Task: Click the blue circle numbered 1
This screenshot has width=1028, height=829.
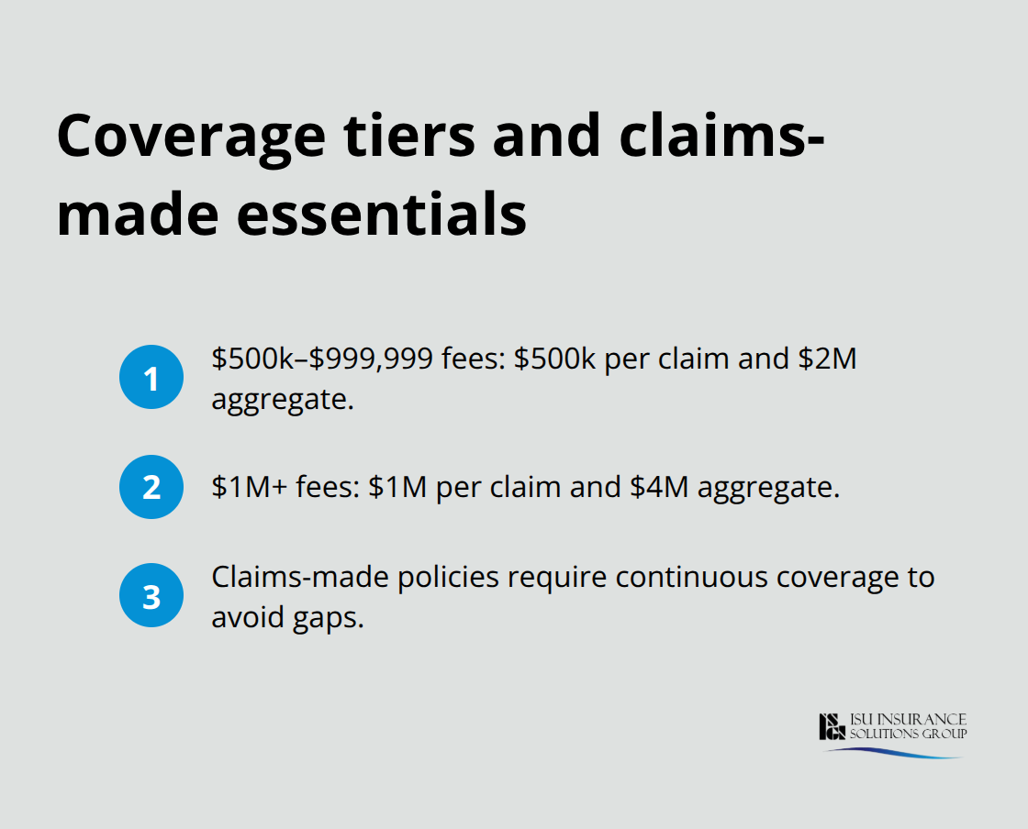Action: point(151,377)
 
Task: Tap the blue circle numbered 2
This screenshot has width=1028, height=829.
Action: point(151,486)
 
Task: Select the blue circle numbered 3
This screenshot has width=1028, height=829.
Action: point(151,596)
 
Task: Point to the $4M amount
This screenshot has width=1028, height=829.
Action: point(661,488)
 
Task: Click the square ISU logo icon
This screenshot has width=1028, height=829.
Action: point(832,726)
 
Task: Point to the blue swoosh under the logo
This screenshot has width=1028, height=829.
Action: point(890,752)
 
